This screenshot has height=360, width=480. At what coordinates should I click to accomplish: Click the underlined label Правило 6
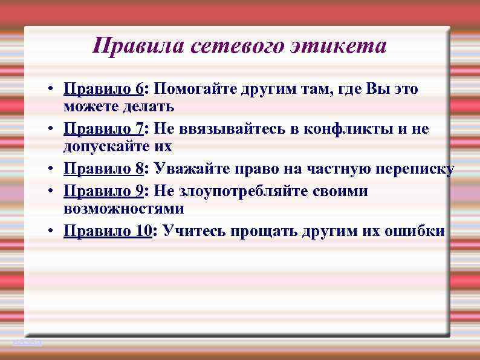pos(103,90)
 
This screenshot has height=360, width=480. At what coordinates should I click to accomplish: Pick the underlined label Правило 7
pos(103,129)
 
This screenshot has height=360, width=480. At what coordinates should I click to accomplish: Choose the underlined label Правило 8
pos(103,169)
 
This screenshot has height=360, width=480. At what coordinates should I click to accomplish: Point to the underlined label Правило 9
pos(103,191)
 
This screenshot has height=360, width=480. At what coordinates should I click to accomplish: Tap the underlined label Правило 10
pos(108,231)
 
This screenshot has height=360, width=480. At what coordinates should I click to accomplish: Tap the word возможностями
pos(123,209)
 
